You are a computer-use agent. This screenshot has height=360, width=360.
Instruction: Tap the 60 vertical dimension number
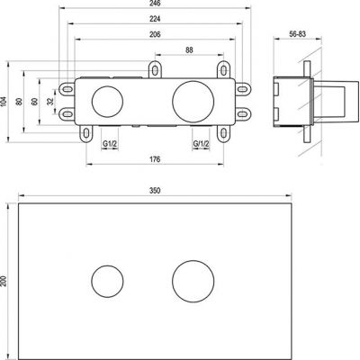36,102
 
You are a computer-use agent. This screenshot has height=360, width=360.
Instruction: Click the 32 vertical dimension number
50,102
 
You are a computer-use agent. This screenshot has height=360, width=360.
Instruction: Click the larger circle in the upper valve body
193,101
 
